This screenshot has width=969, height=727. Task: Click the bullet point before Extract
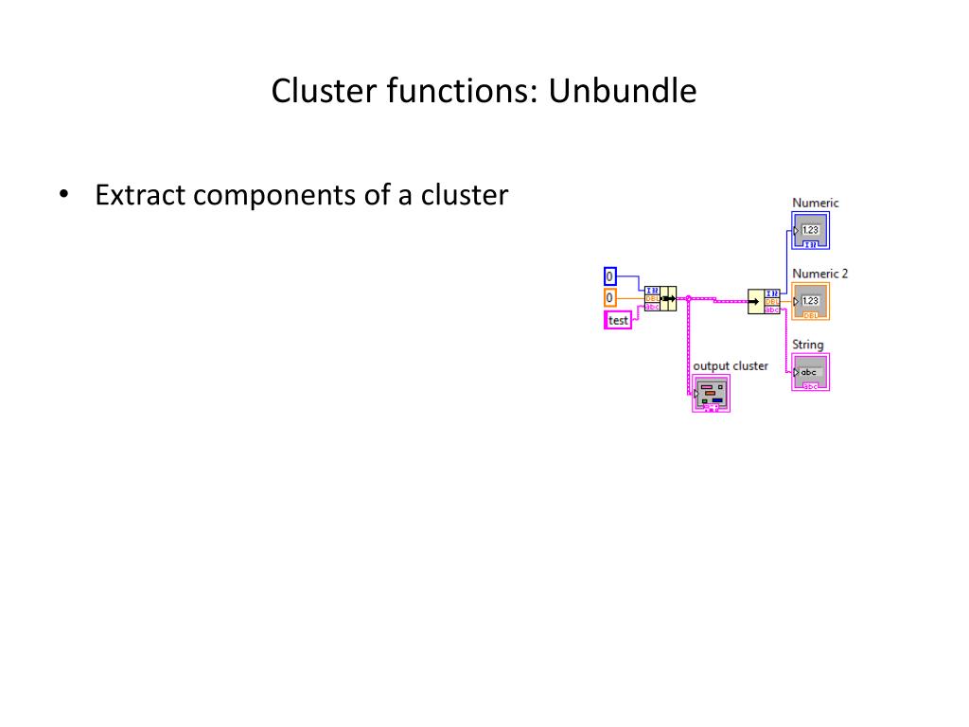pos(63,196)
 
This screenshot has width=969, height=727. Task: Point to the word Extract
pos(141,195)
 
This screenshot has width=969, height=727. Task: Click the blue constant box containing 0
pos(610,276)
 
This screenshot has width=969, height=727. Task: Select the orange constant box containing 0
pos(610,297)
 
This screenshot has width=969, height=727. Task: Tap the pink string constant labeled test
pos(618,320)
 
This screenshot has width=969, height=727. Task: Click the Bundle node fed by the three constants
pos(661,299)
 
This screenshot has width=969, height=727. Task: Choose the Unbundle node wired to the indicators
pos(765,301)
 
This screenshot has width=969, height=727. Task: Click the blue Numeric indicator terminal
pos(810,231)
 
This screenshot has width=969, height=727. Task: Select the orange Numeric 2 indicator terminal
pos(810,302)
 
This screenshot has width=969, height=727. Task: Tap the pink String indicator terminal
pos(810,372)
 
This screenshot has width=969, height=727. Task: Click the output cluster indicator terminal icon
pos(712,394)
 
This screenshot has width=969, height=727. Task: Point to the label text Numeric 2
pos(819,274)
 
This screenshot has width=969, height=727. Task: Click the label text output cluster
pos(730,365)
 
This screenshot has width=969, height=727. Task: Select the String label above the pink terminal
pos(807,345)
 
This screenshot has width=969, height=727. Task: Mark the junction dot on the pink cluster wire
pos(688,298)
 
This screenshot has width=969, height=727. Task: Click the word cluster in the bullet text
pos(465,195)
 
